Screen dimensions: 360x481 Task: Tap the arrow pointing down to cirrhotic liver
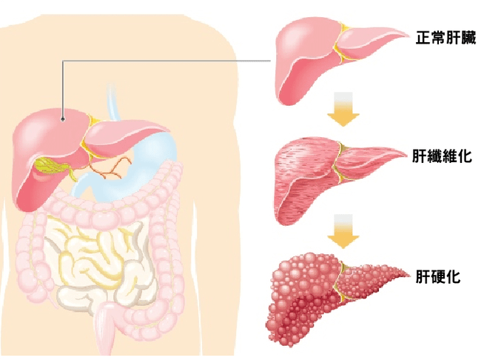pyautogui.click(x=344, y=231)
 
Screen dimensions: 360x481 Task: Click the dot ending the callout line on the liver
pyautogui.click(x=64, y=117)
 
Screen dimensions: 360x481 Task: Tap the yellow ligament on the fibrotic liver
pyautogui.click(x=341, y=163)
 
